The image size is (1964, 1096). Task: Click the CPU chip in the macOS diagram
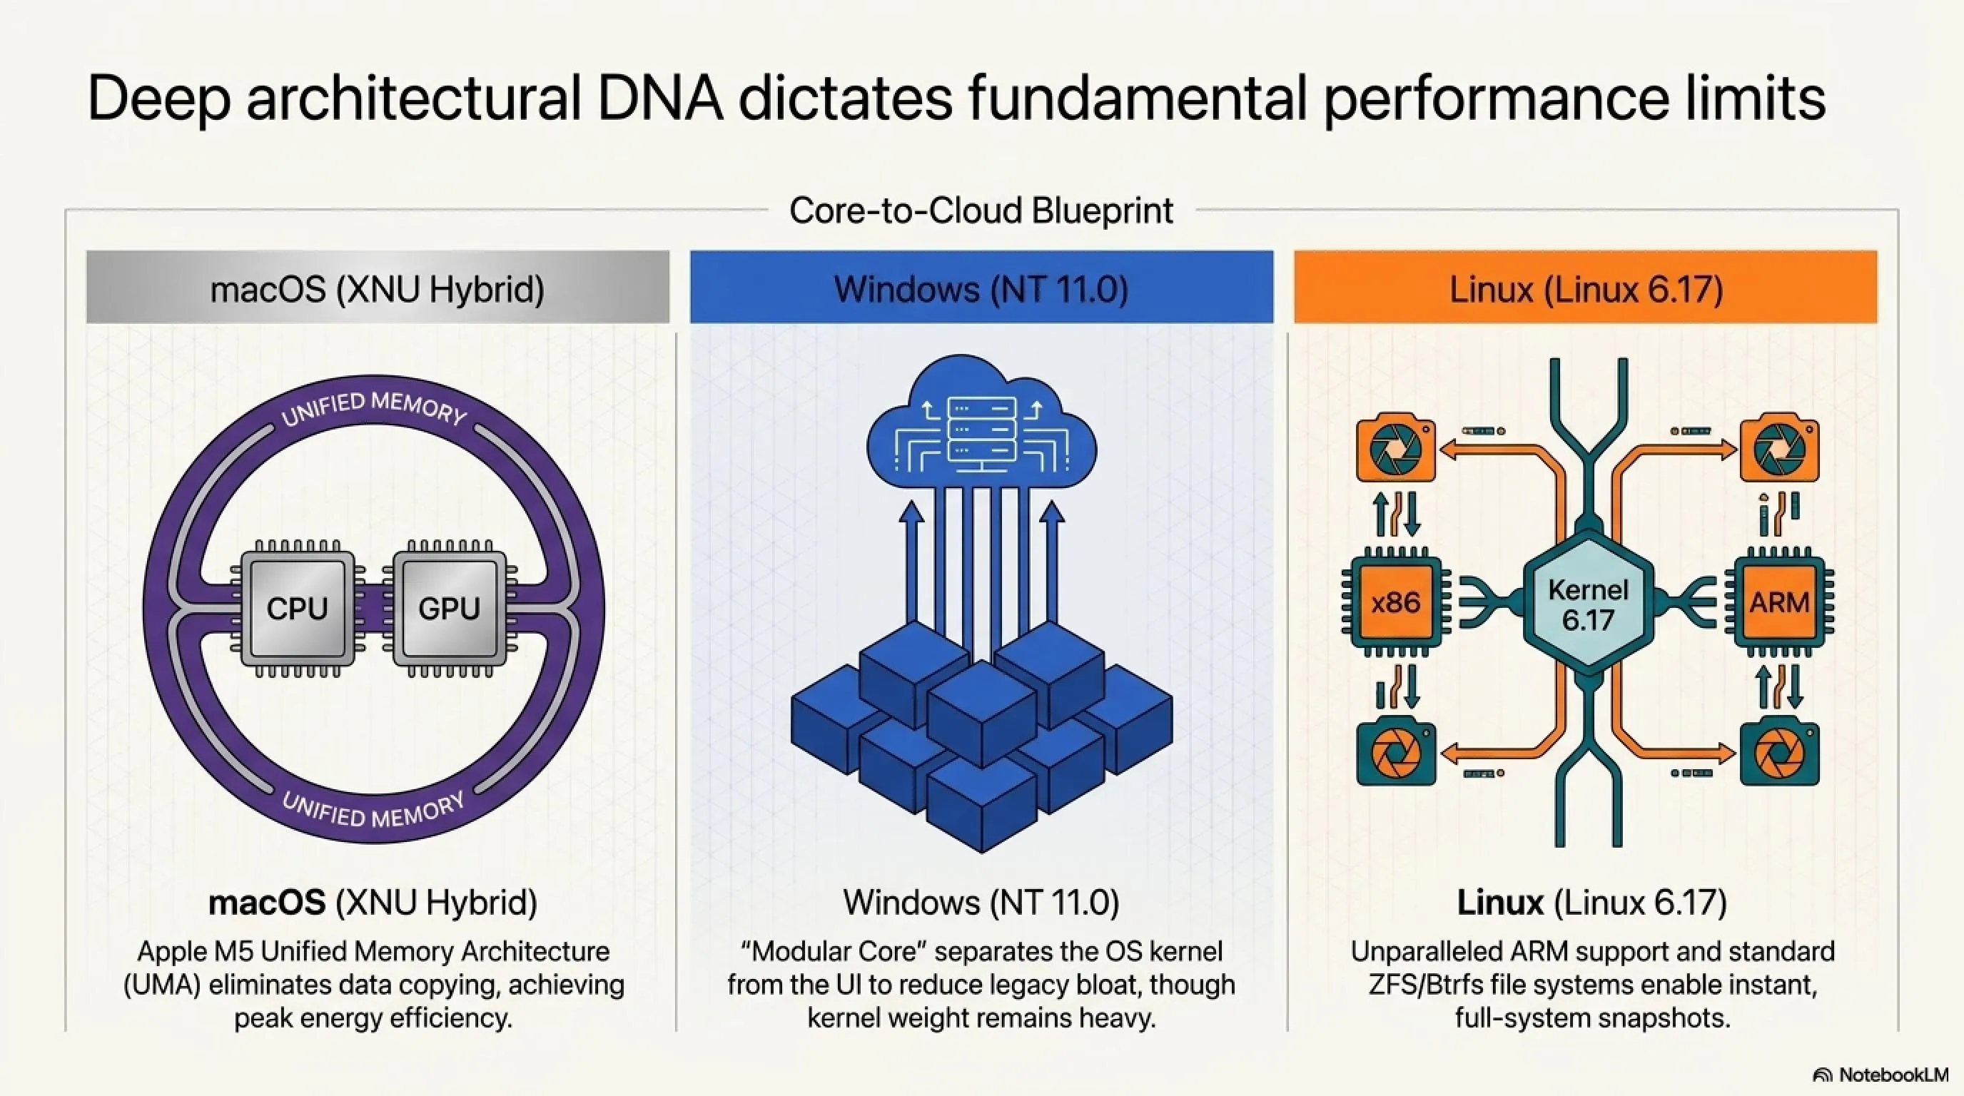pyautogui.click(x=298, y=607)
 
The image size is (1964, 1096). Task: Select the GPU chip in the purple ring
pyautogui.click(x=449, y=607)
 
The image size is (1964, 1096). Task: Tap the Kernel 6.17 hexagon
pyautogui.click(x=1588, y=604)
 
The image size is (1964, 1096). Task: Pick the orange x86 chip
pyautogui.click(x=1395, y=603)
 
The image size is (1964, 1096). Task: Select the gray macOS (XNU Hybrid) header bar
pyautogui.click(x=378, y=288)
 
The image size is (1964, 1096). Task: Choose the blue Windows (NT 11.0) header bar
pyautogui.click(x=981, y=288)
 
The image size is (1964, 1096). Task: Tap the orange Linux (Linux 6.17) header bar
pyautogui.click(x=1585, y=288)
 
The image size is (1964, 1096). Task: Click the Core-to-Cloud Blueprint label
pyautogui.click(x=981, y=210)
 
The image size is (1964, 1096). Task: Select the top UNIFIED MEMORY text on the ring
pyautogui.click(x=373, y=410)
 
